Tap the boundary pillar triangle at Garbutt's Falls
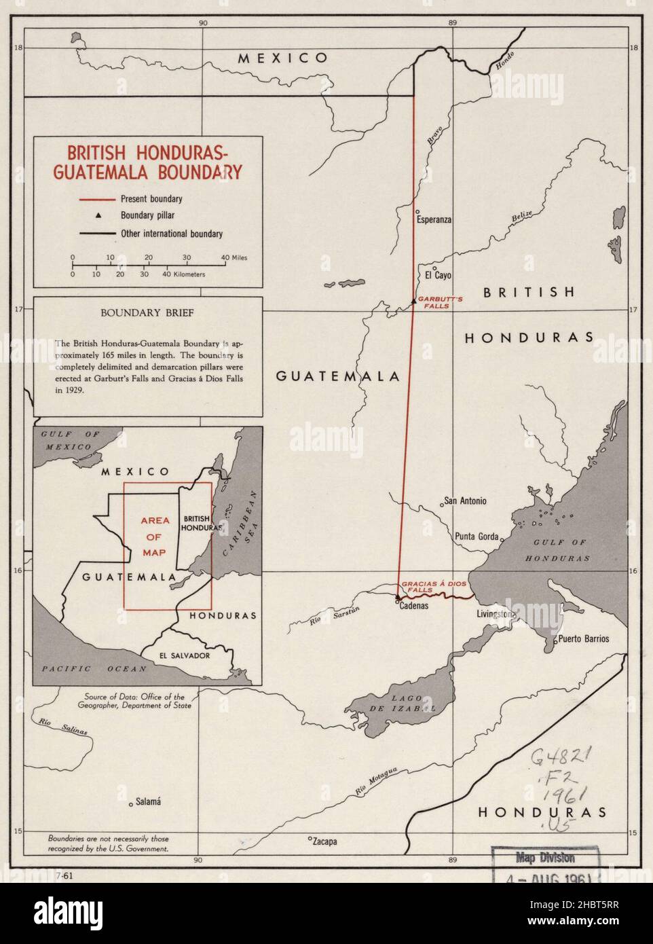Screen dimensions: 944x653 413,300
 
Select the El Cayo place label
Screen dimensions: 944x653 438,276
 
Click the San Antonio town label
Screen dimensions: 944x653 465,501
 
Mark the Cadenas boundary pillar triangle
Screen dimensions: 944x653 398,598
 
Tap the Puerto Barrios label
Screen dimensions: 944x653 583,639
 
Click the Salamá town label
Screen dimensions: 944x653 148,801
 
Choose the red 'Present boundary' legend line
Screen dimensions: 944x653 96,200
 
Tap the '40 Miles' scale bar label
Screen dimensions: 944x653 234,257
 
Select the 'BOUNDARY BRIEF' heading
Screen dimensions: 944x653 147,313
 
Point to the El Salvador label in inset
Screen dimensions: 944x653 184,655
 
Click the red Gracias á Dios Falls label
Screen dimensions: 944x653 426,587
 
